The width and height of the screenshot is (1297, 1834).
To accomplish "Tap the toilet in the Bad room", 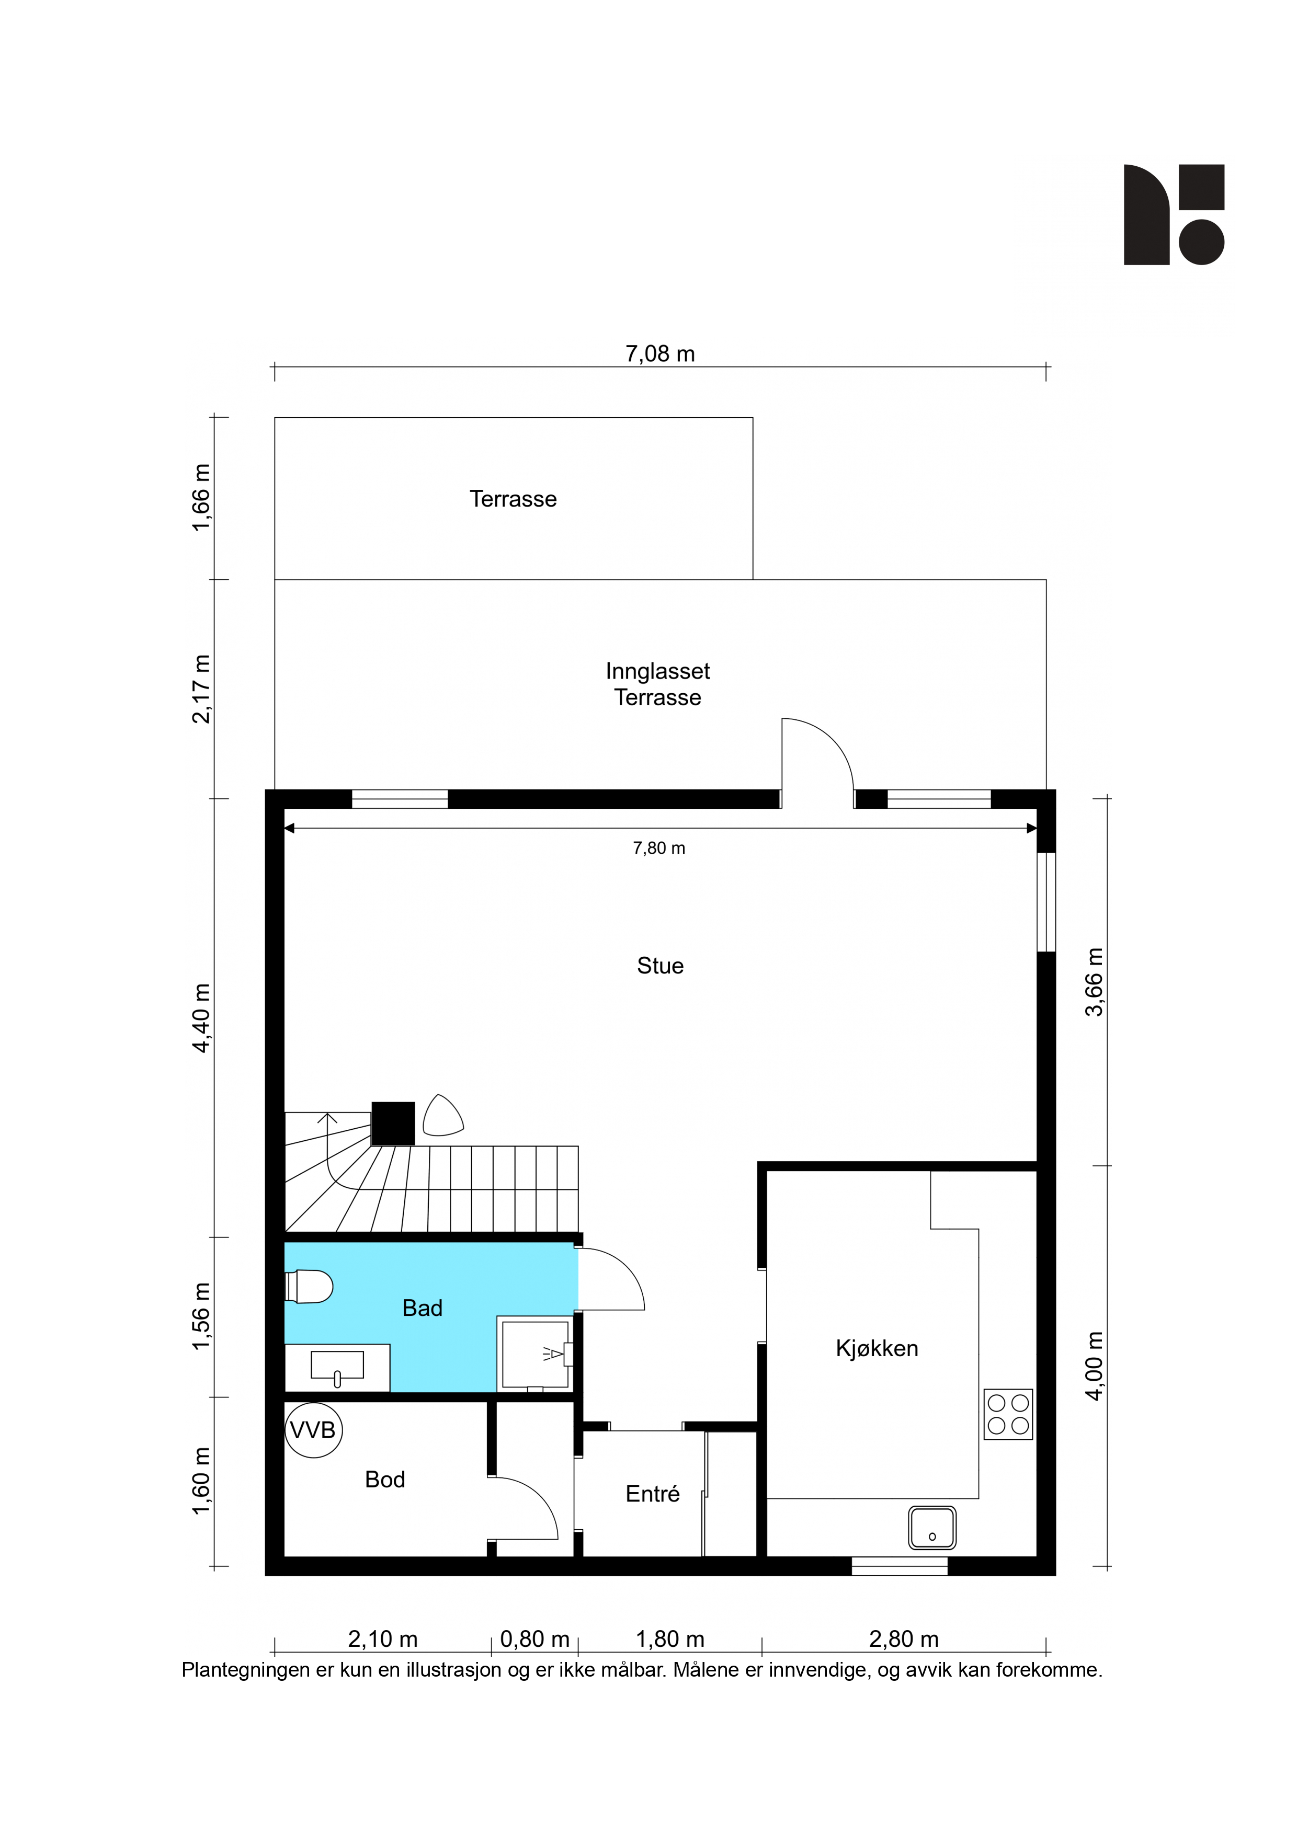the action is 309,1287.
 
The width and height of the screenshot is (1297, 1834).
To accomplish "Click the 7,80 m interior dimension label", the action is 659,849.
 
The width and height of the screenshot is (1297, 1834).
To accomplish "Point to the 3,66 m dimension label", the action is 1095,982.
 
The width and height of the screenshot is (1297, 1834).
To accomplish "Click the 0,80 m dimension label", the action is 534,1639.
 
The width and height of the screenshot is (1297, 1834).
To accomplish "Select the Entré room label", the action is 652,1494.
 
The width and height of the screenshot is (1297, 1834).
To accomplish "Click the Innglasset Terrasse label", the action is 658,684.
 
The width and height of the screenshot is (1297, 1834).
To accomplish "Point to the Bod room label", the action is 385,1480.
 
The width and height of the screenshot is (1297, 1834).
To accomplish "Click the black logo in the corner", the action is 1174,214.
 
